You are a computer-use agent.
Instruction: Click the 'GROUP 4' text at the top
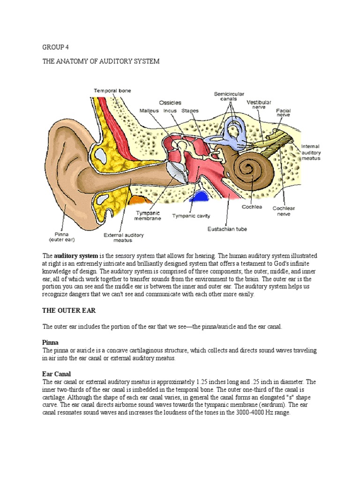point(55,47)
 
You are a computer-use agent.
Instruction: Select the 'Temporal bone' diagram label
point(112,90)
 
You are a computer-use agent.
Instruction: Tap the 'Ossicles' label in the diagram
point(170,102)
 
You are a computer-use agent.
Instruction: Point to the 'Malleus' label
point(149,111)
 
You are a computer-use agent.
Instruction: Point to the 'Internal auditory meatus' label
point(310,152)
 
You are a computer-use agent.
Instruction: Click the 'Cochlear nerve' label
point(284,211)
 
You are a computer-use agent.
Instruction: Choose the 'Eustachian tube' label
point(227,229)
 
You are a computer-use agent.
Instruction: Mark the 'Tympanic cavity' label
point(191,216)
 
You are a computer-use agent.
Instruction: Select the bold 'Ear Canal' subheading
point(56,374)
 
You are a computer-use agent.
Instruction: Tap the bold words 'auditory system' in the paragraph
point(76,256)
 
